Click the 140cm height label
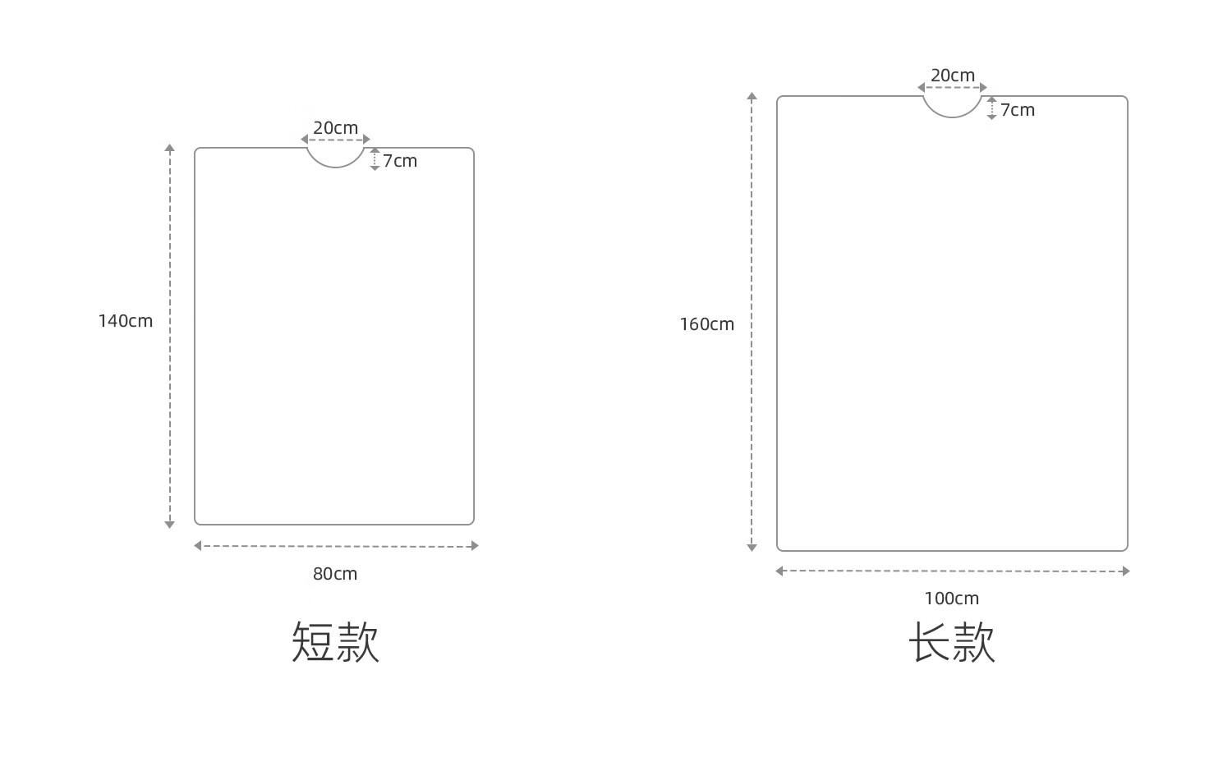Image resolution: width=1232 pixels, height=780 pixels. tap(126, 321)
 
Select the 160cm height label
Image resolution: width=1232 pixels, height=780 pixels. tap(706, 324)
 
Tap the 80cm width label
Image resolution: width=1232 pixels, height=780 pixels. tap(335, 574)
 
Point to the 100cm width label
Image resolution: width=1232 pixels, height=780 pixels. tap(952, 599)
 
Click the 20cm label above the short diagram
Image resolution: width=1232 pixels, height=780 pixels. tap(335, 128)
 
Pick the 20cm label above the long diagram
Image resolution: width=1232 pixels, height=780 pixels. tap(953, 76)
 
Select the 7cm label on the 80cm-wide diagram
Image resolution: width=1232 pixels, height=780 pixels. tap(400, 161)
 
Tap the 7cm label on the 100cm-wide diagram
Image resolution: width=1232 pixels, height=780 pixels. tap(1018, 110)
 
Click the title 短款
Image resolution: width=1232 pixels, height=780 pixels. tap(335, 641)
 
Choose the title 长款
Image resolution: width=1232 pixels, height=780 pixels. tap(952, 641)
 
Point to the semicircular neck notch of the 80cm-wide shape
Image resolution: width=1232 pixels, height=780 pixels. tap(336, 158)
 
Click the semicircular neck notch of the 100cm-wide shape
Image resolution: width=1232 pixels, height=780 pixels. tap(952, 107)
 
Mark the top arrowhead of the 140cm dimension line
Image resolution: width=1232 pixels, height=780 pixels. tap(169, 149)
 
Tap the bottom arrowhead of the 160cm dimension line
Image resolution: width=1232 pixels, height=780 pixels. tap(752, 547)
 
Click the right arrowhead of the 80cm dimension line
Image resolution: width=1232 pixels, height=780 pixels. tap(474, 546)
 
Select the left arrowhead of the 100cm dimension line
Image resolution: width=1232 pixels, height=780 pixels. tap(779, 571)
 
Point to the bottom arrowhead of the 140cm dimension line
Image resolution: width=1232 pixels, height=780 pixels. tap(169, 524)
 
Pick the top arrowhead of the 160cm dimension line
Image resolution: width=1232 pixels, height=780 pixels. tap(752, 97)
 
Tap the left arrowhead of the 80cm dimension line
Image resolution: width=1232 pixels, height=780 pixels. tap(198, 545)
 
